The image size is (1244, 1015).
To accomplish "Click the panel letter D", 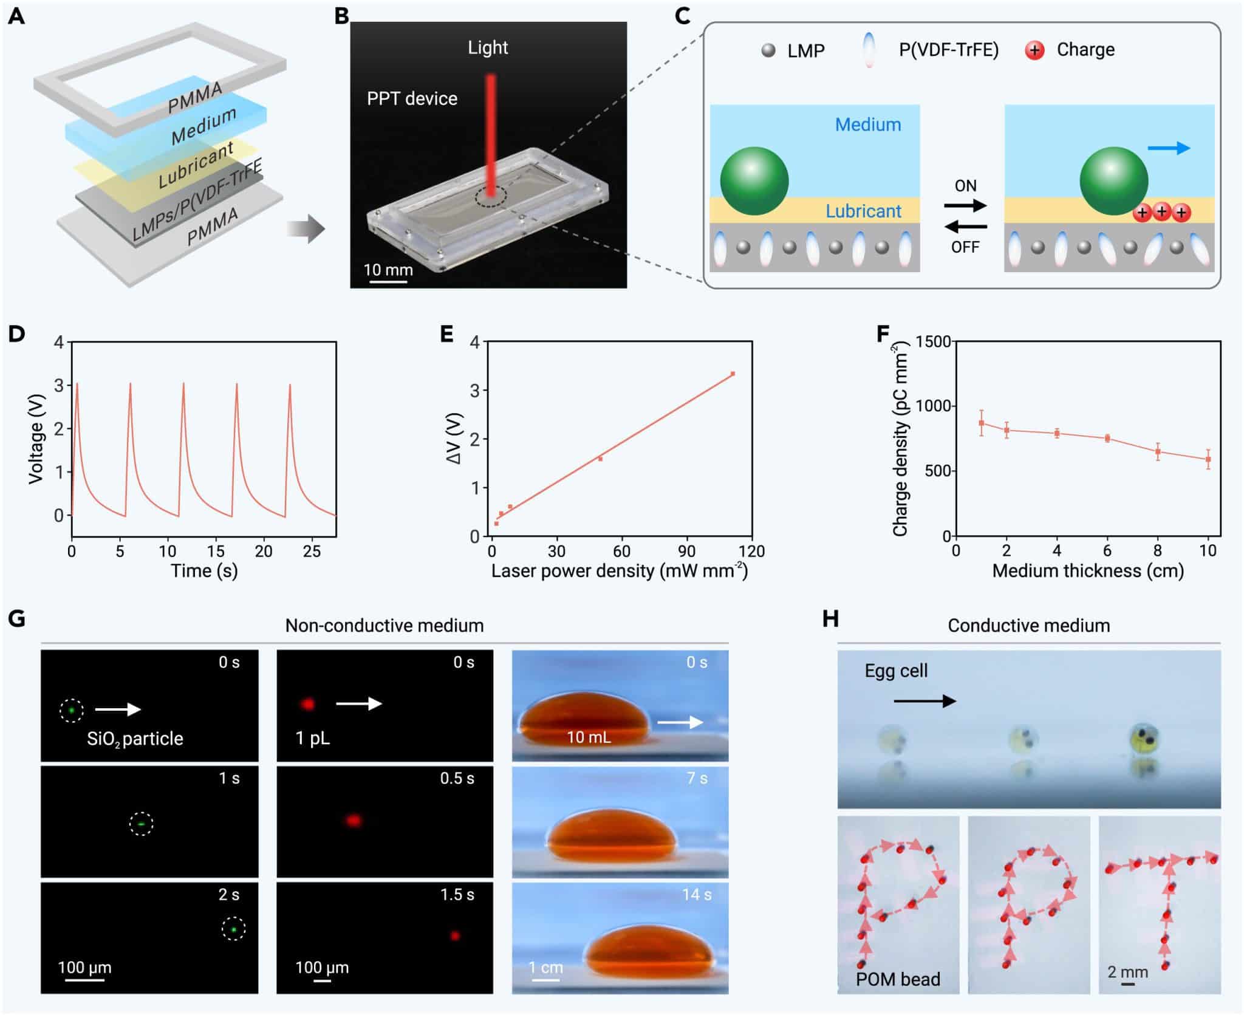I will tap(16, 333).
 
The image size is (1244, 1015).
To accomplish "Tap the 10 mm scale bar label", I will tap(388, 270).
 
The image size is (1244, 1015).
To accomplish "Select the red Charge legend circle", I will tap(1034, 50).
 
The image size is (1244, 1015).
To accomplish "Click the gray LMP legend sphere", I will tap(768, 50).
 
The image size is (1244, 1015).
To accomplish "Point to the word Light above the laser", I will tap(488, 47).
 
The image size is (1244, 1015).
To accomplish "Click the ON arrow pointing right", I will tap(965, 205).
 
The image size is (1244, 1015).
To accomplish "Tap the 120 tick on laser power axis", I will tap(752, 551).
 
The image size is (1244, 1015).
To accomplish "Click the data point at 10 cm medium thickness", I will tap(1208, 459).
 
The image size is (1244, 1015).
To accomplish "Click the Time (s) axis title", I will tap(204, 571).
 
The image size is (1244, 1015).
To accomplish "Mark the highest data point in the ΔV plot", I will tap(733, 374).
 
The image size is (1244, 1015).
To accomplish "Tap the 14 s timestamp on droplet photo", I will tap(696, 895).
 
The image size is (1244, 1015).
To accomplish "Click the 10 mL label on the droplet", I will tap(589, 737).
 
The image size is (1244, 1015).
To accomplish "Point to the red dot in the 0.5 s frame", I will tap(354, 821).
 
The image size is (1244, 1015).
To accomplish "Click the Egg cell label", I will tap(896, 671).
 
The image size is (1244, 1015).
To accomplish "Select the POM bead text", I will tap(898, 979).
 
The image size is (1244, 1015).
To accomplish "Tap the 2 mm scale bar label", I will tap(1127, 972).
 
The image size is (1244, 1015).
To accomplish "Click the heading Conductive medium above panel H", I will tap(1028, 626).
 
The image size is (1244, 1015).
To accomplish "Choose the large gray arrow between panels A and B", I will tap(306, 229).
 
